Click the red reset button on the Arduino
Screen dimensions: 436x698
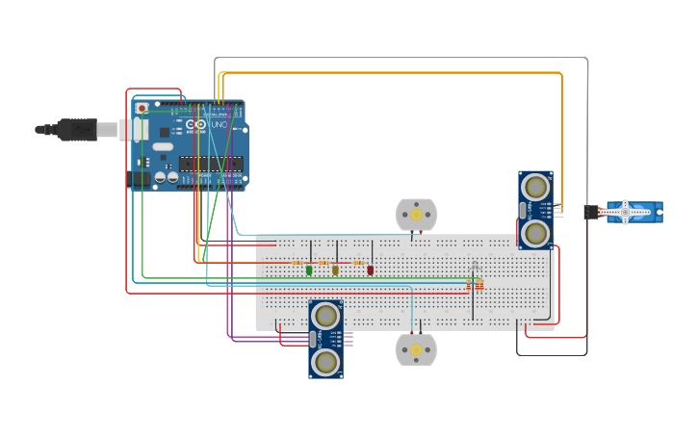click(x=142, y=109)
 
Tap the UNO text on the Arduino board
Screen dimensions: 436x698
click(x=219, y=124)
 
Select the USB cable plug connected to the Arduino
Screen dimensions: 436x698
click(x=77, y=129)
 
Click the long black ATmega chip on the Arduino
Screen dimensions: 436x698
click(x=211, y=164)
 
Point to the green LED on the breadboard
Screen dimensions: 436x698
click(x=309, y=270)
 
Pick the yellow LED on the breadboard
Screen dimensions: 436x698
click(x=335, y=270)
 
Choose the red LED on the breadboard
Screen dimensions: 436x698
click(x=370, y=270)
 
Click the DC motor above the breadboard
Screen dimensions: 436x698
click(x=416, y=215)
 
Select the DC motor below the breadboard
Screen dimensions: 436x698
click(x=416, y=349)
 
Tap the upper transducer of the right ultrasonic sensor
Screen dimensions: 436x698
click(x=535, y=187)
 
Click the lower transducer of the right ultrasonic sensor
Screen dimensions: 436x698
click(x=535, y=233)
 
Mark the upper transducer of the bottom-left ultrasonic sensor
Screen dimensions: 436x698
click(x=326, y=316)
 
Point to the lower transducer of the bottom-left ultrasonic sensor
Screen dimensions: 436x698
click(x=326, y=362)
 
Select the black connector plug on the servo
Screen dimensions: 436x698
click(x=590, y=212)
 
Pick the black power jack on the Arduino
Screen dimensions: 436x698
click(x=140, y=178)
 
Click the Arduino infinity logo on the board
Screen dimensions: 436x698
click(x=196, y=125)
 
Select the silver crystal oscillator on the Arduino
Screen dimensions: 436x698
click(x=163, y=147)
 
